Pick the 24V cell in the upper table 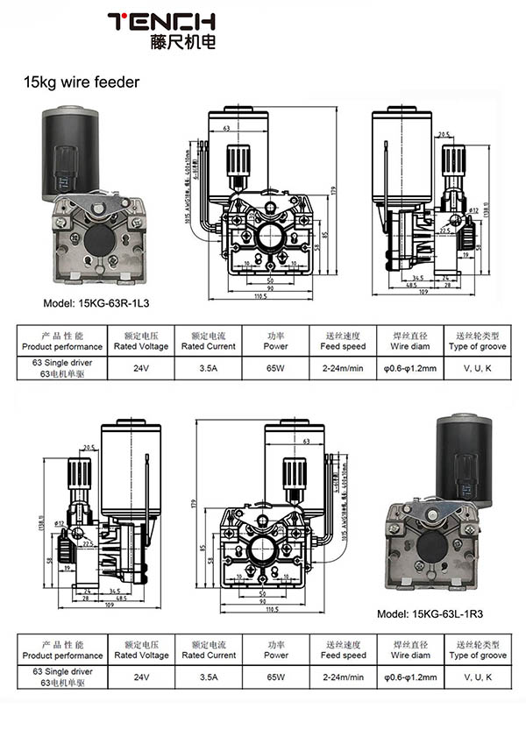click(x=141, y=369)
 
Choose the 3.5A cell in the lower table click(x=209, y=677)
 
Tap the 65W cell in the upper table click(x=275, y=369)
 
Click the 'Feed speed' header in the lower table click(x=343, y=655)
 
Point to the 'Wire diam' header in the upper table click(x=409, y=346)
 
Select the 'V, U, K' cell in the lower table click(x=477, y=677)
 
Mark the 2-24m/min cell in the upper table click(x=343, y=369)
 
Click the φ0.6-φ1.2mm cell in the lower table click(x=409, y=677)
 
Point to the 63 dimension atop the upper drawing click(x=227, y=128)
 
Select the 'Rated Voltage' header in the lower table click(x=141, y=655)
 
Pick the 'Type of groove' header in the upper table click(x=477, y=346)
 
